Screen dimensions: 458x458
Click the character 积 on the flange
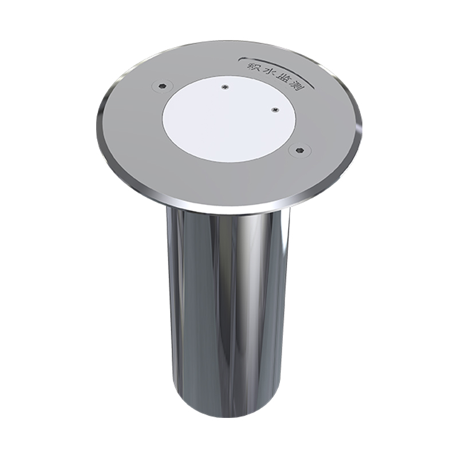tap(252, 66)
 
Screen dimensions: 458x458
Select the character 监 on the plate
tap(282, 80)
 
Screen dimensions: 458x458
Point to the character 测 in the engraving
tap(295, 87)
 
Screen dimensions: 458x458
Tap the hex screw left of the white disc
tap(163, 86)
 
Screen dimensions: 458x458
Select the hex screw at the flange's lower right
tap(299, 150)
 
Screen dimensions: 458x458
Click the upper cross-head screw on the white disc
tap(224, 87)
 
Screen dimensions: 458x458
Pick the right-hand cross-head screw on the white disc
tap(274, 110)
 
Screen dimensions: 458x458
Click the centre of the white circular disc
tap(230, 119)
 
